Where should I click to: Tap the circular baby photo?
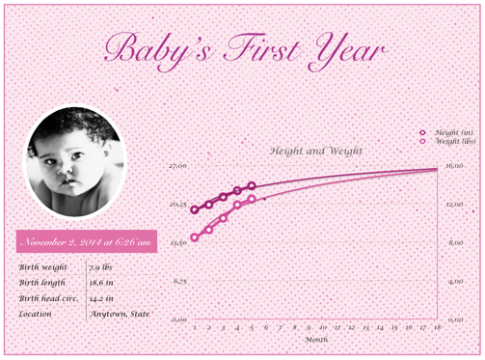pos(74,162)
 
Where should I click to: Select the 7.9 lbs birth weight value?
pos(101,266)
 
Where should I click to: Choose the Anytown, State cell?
pos(120,313)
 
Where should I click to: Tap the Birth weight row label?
pos(41,266)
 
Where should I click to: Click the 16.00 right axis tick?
pos(455,166)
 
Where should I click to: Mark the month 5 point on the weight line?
pos(252,199)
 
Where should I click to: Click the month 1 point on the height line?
pos(195,209)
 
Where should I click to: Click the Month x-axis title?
pos(316,340)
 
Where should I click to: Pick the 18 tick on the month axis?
pos(438,328)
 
